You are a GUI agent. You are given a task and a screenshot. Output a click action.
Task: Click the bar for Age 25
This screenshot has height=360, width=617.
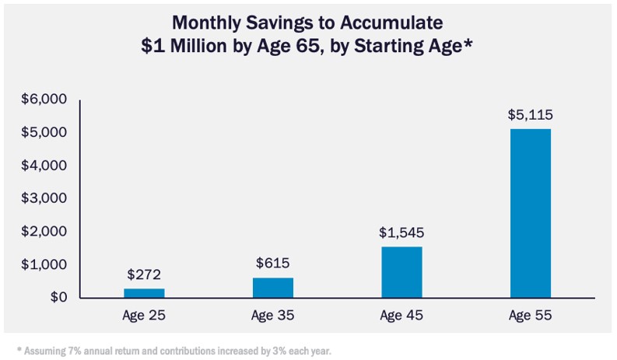144,293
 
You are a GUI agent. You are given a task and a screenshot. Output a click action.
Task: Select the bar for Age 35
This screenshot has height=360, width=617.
273,288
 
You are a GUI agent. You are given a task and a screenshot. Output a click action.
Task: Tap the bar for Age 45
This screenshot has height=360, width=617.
401,272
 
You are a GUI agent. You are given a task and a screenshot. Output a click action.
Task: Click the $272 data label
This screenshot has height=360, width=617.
144,274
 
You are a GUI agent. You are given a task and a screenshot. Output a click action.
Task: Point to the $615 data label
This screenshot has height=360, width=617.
273,263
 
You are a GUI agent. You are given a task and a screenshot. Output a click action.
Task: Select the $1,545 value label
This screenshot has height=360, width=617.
401,232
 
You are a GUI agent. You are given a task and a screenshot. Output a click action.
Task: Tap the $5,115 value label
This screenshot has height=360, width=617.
531,114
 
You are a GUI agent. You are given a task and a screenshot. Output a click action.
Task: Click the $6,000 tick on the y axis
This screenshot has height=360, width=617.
44,100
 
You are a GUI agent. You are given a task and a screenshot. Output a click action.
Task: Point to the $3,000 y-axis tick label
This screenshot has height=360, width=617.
44,198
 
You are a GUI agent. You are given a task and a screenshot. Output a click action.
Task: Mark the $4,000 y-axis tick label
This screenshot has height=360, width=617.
44,166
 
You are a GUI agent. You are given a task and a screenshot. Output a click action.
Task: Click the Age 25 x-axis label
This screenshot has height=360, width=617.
144,316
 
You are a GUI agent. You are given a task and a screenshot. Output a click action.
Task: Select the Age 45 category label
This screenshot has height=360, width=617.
401,316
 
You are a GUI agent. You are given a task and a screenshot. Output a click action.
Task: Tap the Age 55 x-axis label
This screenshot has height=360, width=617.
531,316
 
